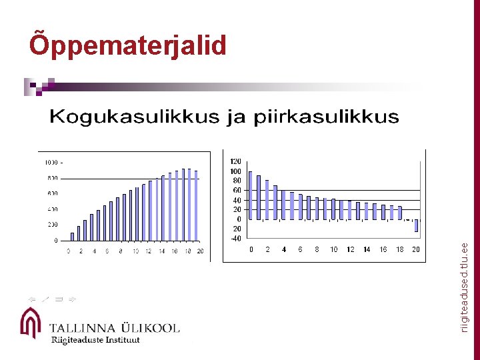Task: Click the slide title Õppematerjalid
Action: (x=128, y=45)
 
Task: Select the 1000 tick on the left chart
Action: (x=51, y=162)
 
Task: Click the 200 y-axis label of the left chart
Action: (x=51, y=225)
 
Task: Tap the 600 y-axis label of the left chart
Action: (x=51, y=193)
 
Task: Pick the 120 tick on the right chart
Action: (x=235, y=161)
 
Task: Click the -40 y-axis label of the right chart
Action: (x=235, y=237)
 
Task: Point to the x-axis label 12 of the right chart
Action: (x=350, y=249)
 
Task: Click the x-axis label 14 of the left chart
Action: (x=161, y=251)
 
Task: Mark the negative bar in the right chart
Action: (x=417, y=225)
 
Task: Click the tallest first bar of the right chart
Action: (x=251, y=195)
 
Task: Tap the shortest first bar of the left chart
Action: (x=72, y=236)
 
